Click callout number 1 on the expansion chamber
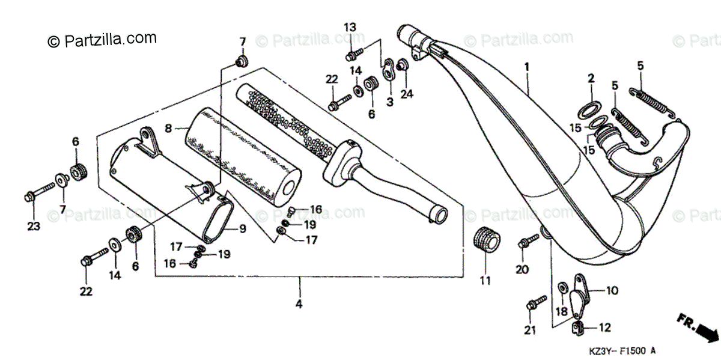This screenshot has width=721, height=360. (527, 67)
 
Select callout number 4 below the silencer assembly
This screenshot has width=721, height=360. (299, 305)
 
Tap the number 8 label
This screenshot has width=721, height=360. (169, 128)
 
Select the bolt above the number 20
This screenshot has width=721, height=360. (528, 242)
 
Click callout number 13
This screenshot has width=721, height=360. (350, 27)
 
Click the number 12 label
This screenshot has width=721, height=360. (604, 328)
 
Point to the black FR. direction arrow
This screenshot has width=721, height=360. (700, 328)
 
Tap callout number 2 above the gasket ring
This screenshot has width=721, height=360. (591, 78)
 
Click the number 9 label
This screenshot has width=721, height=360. (243, 228)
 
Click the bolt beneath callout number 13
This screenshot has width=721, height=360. (353, 55)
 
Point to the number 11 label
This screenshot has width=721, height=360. (485, 281)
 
